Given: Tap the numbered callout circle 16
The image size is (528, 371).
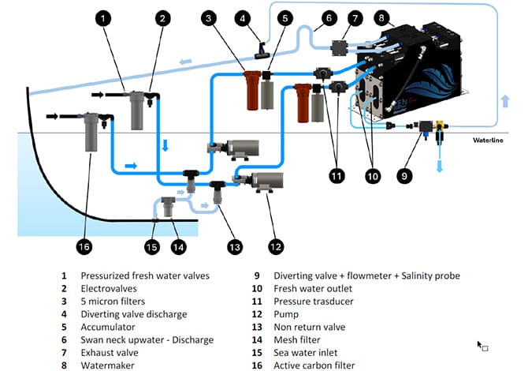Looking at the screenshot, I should (84, 245).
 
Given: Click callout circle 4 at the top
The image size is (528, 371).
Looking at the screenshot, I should (244, 17).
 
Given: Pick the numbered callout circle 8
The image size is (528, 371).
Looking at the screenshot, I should (382, 17).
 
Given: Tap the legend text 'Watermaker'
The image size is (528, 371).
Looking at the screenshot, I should (106, 365).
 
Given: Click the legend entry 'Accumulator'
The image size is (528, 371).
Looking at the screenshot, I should (106, 327).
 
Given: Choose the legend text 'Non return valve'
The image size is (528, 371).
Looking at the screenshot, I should (311, 327).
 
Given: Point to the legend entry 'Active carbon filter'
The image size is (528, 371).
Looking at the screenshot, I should (318, 365).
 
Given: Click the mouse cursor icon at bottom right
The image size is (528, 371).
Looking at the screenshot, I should (482, 345).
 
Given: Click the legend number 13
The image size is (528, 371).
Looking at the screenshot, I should (257, 327).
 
